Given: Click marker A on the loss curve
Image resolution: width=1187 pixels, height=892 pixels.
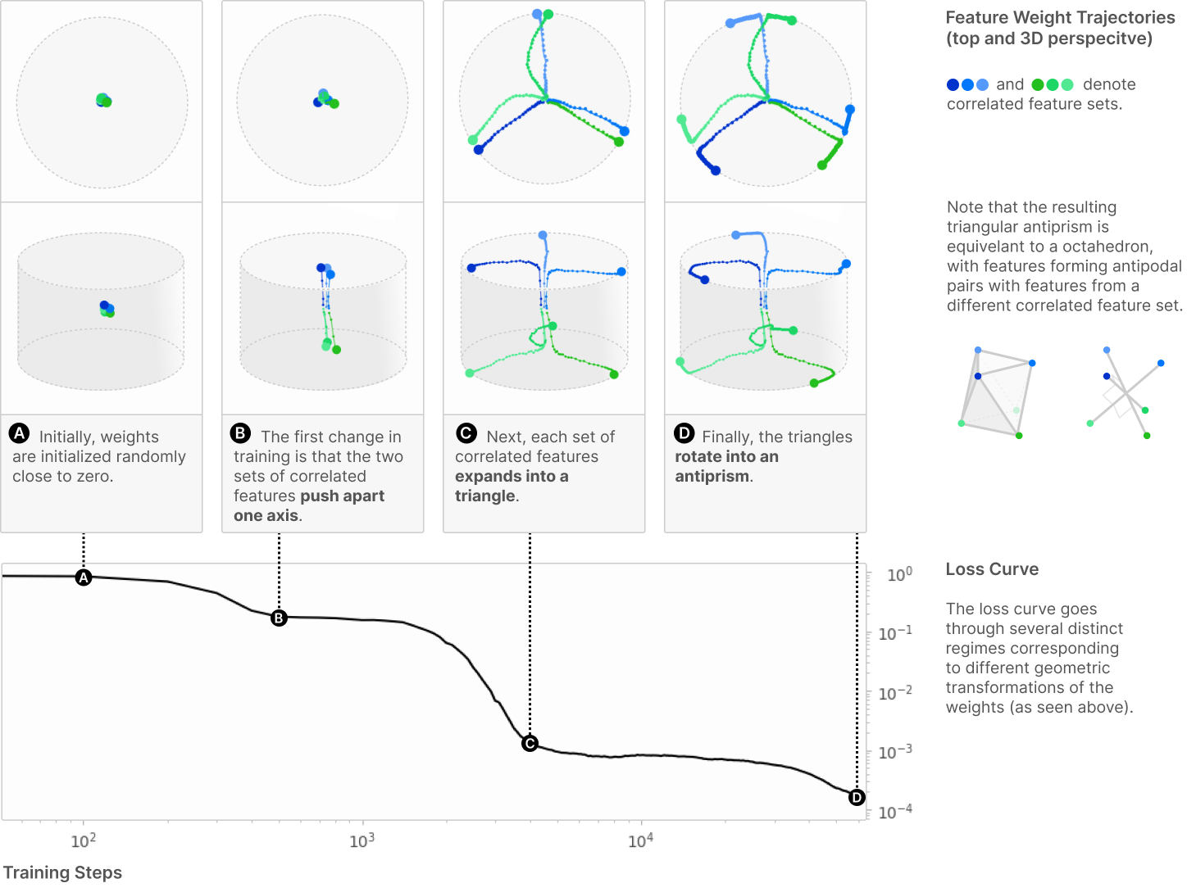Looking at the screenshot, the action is [x=84, y=577].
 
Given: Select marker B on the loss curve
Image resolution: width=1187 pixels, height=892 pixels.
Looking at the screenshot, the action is [x=279, y=618].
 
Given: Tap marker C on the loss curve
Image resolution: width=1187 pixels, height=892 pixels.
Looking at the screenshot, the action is [x=530, y=744].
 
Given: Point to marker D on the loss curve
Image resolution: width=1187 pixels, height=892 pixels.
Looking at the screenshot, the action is [x=857, y=798].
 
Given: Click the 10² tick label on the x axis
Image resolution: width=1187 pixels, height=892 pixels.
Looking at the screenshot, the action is [x=84, y=840].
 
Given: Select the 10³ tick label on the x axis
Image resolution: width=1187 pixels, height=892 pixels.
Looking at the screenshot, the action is [x=362, y=840].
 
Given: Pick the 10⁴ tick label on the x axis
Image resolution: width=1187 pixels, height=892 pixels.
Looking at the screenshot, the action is [x=640, y=840].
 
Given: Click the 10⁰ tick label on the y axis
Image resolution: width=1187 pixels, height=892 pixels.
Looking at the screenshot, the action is [x=900, y=574].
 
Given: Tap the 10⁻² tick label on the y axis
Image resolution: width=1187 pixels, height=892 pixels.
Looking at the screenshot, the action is [x=895, y=693].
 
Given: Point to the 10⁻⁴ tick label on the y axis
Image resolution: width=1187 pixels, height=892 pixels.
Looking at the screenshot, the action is [x=895, y=812].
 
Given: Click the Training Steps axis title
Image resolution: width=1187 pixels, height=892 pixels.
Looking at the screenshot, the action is [x=63, y=872].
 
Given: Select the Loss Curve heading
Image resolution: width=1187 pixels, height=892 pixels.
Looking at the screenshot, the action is [x=992, y=569].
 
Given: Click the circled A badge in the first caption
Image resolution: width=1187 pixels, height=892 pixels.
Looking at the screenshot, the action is [x=20, y=433].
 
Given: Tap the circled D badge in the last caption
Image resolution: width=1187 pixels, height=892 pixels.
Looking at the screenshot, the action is [x=684, y=433].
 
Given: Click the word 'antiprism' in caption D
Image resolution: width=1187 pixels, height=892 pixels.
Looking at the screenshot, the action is [x=712, y=476].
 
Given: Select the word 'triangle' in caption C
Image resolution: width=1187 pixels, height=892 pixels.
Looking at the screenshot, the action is [x=485, y=496].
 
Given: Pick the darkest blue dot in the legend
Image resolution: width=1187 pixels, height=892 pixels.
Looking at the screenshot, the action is [x=953, y=85].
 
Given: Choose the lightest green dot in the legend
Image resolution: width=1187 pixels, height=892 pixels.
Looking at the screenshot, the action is [x=1067, y=85].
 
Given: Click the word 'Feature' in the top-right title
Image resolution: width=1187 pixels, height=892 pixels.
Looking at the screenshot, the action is [x=976, y=17].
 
